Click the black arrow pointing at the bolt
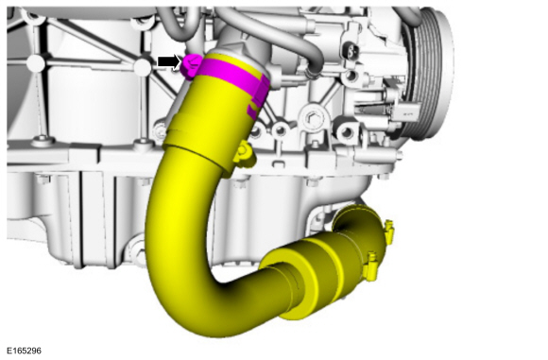pos(169,61)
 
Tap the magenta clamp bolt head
pos(191,65)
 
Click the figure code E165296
pos(25,351)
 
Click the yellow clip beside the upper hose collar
pos(245,153)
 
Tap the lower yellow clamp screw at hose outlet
pos(370,266)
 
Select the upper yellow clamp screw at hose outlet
pos(389,231)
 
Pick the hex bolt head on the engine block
pos(312,118)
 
